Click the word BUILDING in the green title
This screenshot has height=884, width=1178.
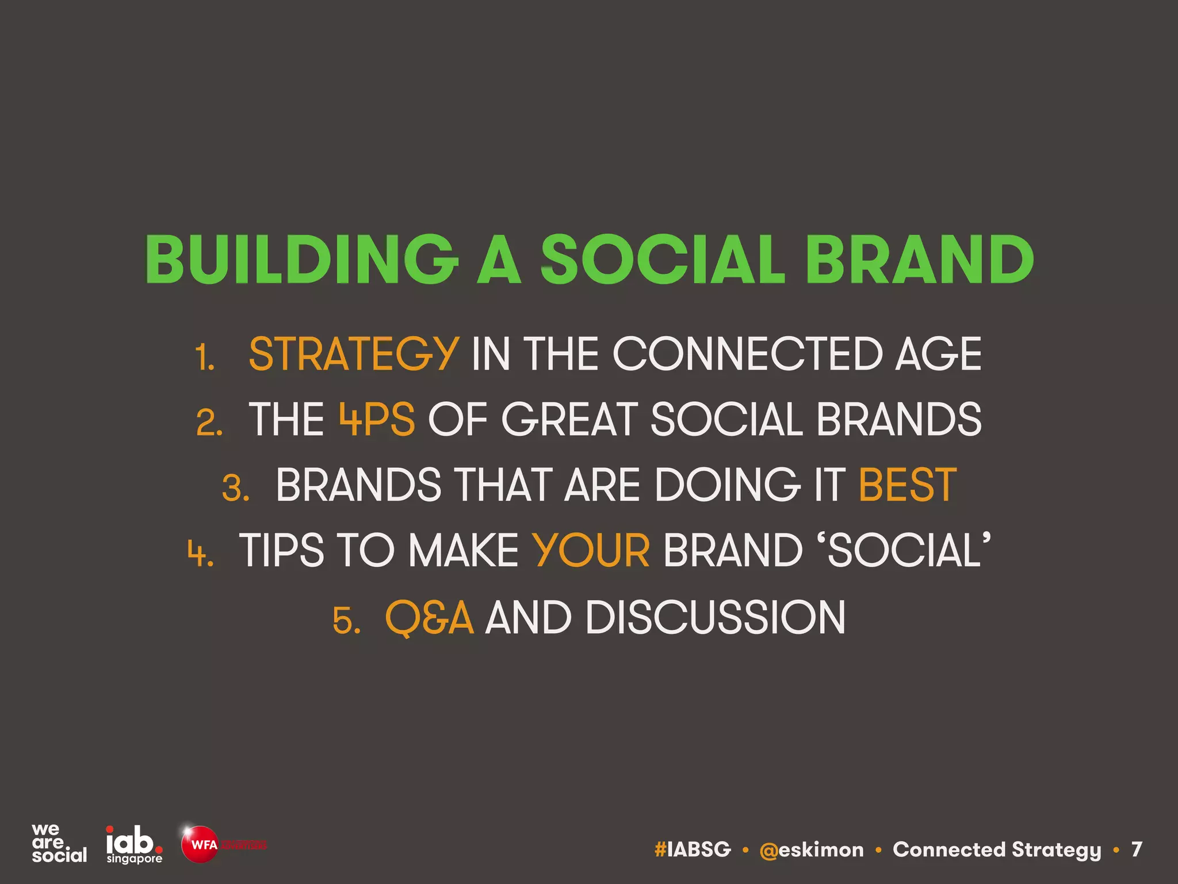(301, 260)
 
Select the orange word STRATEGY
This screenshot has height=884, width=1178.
(353, 354)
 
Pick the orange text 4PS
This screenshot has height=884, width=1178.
(377, 420)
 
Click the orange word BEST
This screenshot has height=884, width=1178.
(907, 485)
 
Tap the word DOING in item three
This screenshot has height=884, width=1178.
(727, 485)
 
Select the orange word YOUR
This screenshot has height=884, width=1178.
(591, 551)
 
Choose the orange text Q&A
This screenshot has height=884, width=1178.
(429, 618)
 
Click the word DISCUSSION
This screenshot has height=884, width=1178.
(716, 618)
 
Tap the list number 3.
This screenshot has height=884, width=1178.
(235, 489)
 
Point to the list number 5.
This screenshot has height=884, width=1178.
(346, 621)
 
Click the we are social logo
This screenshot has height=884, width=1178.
(59, 843)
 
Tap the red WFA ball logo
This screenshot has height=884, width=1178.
(199, 844)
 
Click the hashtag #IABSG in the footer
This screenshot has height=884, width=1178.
(693, 849)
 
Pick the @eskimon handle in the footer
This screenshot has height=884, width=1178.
(811, 849)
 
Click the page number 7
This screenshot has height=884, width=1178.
(1136, 849)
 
